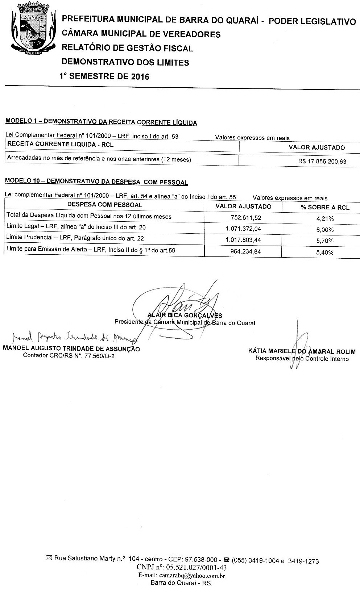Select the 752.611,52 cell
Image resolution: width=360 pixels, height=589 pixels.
[246, 218]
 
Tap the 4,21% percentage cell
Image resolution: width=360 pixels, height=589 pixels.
[325, 218]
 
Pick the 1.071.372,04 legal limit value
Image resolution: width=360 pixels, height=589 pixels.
[243, 229]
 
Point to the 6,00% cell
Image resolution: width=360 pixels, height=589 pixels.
[325, 230]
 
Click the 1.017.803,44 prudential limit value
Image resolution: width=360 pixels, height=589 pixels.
[243, 240]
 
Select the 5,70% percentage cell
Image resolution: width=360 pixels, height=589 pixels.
[325, 241]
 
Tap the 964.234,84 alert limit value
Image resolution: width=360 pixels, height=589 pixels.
[245, 251]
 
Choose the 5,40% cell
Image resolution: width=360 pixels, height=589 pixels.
[325, 252]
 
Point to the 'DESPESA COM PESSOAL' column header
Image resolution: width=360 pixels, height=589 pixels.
[105, 205]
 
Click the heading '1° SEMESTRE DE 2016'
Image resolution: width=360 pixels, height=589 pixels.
[104, 76]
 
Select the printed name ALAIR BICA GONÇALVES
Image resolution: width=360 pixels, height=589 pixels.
[185, 315]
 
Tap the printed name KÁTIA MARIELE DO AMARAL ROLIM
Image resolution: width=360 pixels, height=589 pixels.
[302, 351]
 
